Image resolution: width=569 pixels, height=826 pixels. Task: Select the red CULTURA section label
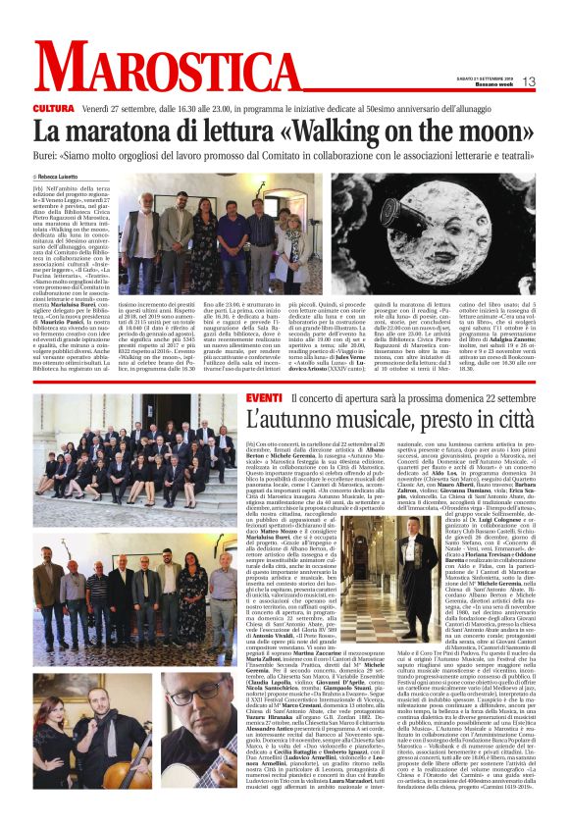[52, 106]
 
